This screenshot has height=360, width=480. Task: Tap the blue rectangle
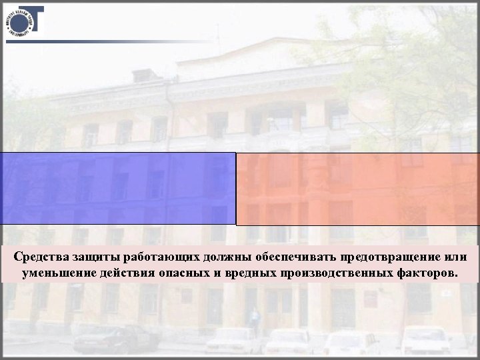click(118, 189)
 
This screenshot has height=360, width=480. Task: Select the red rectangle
click(358, 189)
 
